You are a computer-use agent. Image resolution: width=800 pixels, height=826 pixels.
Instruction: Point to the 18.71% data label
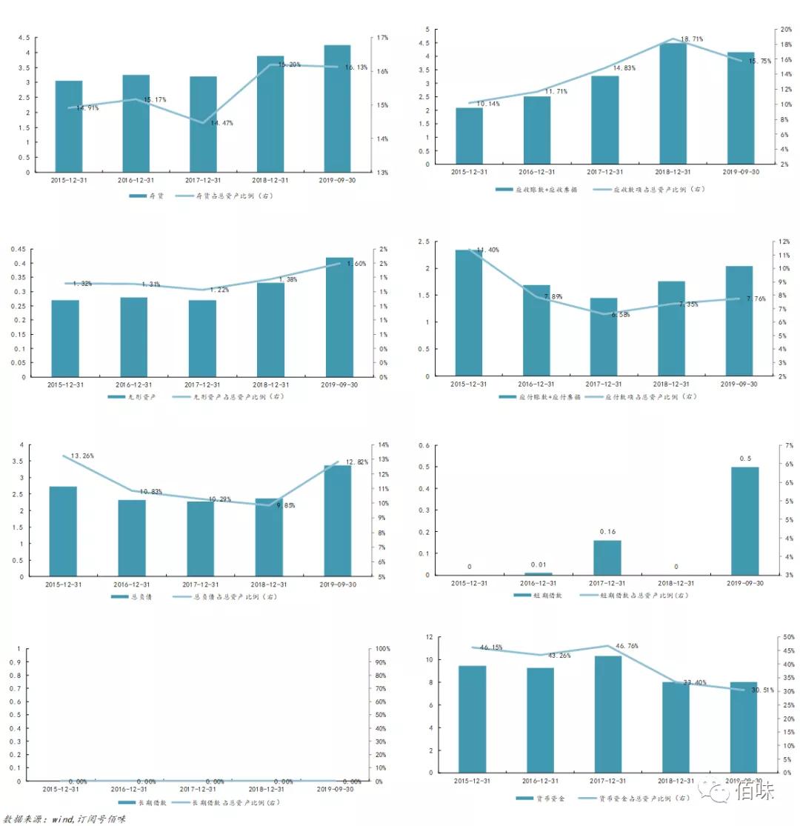tap(692, 39)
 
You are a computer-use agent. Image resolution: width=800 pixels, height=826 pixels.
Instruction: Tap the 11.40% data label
tap(487, 250)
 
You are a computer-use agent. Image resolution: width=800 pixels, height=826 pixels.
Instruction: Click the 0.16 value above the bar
tap(607, 532)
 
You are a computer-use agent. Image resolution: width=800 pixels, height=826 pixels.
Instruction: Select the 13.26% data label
tap(82, 456)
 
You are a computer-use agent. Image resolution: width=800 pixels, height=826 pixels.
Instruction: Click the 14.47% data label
tap(221, 123)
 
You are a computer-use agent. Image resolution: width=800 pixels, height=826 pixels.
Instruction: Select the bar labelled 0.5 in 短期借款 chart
tap(744, 520)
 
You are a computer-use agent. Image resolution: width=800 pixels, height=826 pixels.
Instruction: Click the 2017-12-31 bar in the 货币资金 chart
tap(607, 713)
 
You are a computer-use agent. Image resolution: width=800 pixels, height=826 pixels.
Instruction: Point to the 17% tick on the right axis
tap(382, 38)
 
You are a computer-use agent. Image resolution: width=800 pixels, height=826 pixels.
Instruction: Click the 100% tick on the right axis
tap(383, 649)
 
